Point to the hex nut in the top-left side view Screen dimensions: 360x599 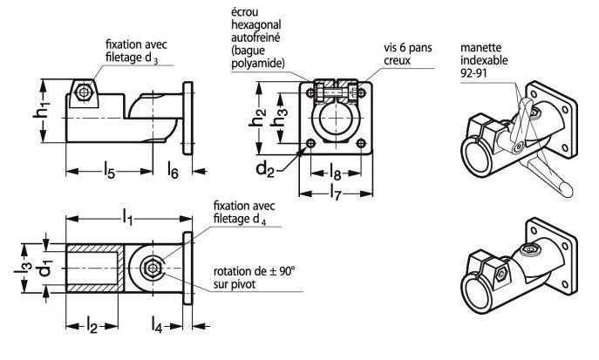pyautogui.click(x=84, y=92)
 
